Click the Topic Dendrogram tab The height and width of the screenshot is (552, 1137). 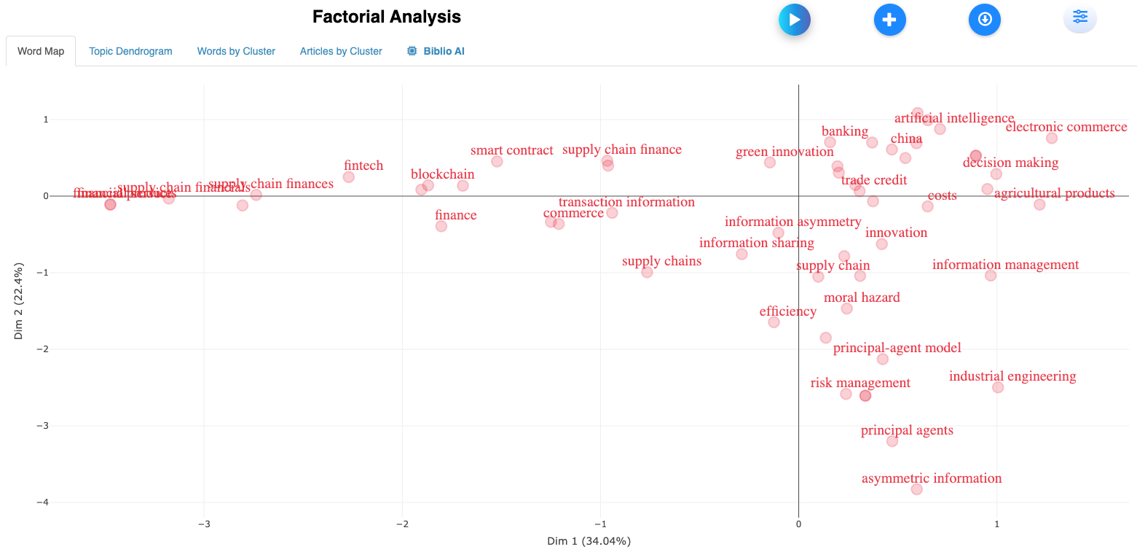point(130,51)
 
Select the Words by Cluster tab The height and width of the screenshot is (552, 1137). point(236,51)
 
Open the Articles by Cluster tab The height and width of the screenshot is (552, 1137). point(341,51)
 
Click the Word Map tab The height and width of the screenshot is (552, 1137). point(41,51)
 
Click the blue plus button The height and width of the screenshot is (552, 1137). point(889,20)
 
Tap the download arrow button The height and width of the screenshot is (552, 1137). point(985,20)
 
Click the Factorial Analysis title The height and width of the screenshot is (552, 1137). point(387,17)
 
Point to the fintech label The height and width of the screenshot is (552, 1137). point(363,166)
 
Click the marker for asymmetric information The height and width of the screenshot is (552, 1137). point(916,489)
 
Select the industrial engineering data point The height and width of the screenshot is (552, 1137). point(998,387)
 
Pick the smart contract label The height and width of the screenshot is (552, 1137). point(512,150)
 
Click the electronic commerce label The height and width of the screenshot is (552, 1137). point(1066,127)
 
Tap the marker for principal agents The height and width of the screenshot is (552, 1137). point(892,441)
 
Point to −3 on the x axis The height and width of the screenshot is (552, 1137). point(205,524)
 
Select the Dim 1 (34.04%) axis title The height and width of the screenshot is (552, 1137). point(589,541)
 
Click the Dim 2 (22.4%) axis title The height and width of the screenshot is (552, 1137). point(19,300)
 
